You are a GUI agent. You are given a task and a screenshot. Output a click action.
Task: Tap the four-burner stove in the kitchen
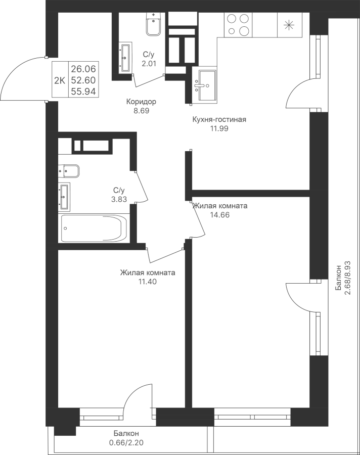pyautogui.click(x=238, y=24)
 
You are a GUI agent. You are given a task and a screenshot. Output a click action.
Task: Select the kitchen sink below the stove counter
pyautogui.click(x=206, y=84)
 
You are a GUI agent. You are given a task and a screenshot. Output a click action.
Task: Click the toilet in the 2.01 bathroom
pyautogui.click(x=153, y=24)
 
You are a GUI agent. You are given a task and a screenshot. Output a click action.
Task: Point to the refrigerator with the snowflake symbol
pyautogui.click(x=290, y=25)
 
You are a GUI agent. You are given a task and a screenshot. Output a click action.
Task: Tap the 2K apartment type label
pyautogui.click(x=60, y=79)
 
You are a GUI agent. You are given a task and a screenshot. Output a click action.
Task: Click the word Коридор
pyautogui.click(x=141, y=102)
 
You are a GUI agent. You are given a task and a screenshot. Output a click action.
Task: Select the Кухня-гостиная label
pyautogui.click(x=219, y=120)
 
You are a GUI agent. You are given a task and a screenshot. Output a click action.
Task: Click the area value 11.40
pyautogui.click(x=147, y=282)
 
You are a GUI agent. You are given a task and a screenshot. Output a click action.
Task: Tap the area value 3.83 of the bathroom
pyautogui.click(x=119, y=199)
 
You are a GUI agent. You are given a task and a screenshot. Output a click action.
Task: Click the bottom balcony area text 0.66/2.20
pyautogui.click(x=126, y=443)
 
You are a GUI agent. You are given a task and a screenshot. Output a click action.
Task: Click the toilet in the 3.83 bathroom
pyautogui.click(x=70, y=171)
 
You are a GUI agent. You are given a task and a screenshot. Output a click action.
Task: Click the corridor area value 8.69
pyautogui.click(x=141, y=110)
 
